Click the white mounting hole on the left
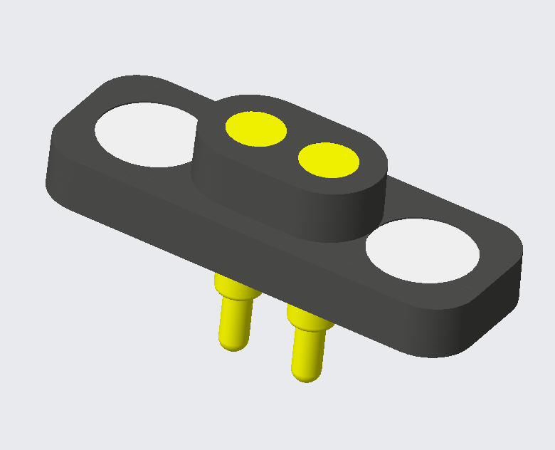(x=144, y=135)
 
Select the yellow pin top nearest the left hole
(x=256, y=129)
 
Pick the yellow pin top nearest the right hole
(x=328, y=159)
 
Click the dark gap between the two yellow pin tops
(x=292, y=145)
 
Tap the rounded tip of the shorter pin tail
(x=233, y=345)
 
